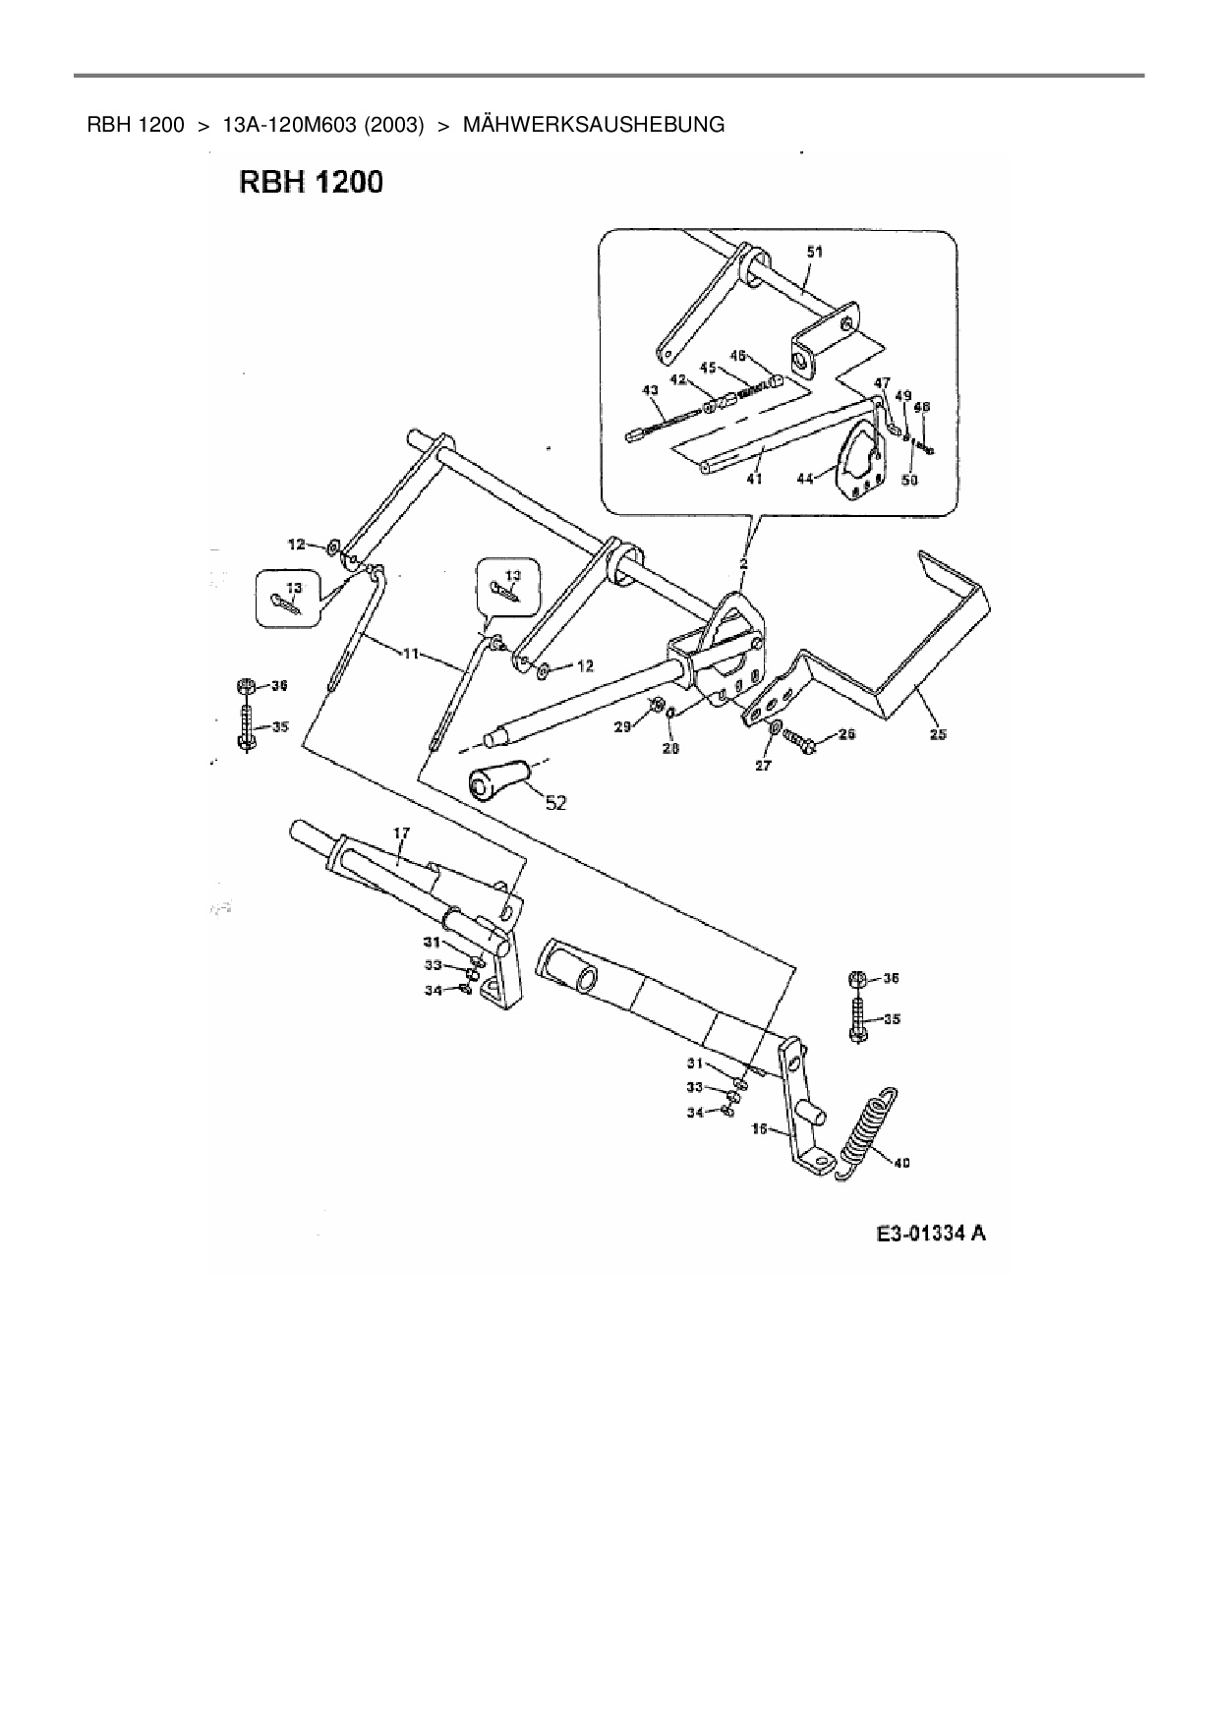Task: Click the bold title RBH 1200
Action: coord(311,183)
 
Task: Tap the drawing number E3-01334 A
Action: coord(931,1234)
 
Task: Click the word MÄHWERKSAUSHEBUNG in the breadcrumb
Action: coord(594,125)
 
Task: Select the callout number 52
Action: coord(555,803)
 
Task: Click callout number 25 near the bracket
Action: coord(938,734)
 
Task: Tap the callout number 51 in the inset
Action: coord(815,252)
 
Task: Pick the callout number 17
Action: coord(401,833)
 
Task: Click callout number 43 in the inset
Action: coord(650,390)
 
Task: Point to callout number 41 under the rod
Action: coord(754,479)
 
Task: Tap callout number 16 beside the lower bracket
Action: coord(759,1129)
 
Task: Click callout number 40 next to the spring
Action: coord(901,1163)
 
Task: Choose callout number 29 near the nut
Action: coord(621,726)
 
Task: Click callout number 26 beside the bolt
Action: coord(846,734)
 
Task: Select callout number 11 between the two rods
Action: coord(410,653)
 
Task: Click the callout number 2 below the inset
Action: coord(743,564)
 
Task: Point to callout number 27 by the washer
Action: coord(764,766)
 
